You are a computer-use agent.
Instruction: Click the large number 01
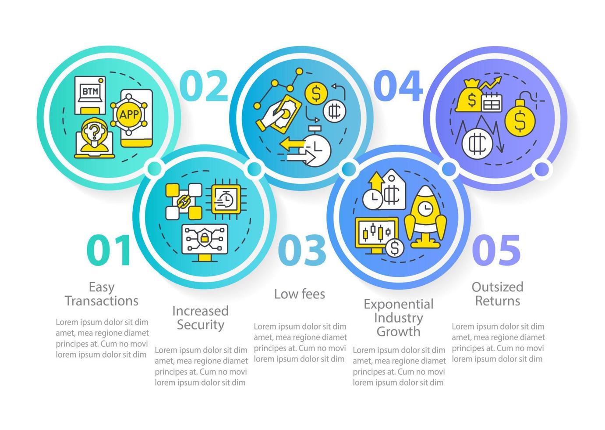(109, 250)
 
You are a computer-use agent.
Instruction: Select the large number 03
(302, 250)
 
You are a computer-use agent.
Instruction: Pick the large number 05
(497, 250)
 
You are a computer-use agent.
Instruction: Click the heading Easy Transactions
(102, 294)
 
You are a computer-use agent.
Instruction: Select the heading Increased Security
(200, 318)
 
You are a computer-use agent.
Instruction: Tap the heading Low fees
(300, 294)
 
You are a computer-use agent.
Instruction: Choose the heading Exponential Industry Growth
(398, 318)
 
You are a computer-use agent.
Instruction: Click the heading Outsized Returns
(497, 294)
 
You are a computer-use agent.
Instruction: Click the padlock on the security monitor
(205, 238)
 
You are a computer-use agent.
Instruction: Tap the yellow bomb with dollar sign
(520, 119)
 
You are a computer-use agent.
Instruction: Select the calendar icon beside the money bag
(492, 103)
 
